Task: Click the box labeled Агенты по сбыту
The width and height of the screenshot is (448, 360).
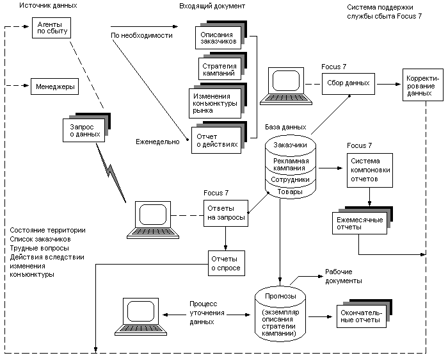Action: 51,28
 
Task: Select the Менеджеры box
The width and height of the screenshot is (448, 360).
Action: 54,86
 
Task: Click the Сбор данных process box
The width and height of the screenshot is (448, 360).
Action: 348,83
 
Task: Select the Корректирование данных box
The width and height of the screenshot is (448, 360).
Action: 423,85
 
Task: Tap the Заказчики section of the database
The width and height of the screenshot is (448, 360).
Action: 291,145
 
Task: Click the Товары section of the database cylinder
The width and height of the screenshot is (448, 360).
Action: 291,192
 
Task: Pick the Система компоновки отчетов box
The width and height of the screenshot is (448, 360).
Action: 370,170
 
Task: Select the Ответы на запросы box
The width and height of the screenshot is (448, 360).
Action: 226,213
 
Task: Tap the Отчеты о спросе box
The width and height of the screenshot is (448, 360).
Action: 227,263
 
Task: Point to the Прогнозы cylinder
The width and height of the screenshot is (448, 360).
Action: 280,313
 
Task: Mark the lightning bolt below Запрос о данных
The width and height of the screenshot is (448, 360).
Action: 111,172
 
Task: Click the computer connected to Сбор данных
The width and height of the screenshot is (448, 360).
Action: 286,86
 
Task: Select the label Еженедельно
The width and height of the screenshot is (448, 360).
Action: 157,142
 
